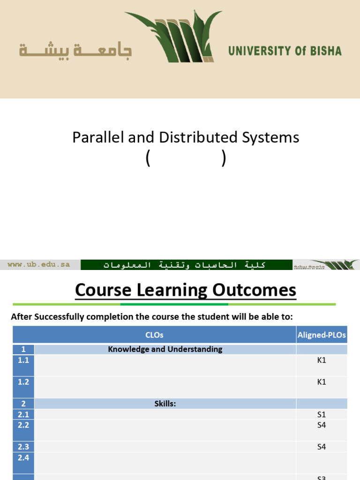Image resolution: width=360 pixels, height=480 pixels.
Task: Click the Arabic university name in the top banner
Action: pyautogui.click(x=75, y=50)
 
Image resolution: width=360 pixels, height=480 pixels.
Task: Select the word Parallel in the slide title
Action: pyautogui.click(x=93, y=137)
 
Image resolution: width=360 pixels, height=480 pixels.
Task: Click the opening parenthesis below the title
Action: pyautogui.click(x=148, y=159)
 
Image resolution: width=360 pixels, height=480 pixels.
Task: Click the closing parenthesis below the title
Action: pyautogui.click(x=224, y=159)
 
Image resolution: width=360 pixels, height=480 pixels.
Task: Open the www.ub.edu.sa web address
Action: pyautogui.click(x=39, y=265)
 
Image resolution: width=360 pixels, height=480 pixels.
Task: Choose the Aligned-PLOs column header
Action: pyautogui.click(x=322, y=335)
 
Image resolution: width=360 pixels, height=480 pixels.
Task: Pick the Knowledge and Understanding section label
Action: pyautogui.click(x=165, y=349)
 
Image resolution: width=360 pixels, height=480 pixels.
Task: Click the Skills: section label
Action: pyautogui.click(x=165, y=404)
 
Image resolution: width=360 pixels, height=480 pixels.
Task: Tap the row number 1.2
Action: pyautogui.click(x=23, y=382)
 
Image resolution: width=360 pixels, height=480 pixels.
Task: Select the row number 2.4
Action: pyautogui.click(x=23, y=457)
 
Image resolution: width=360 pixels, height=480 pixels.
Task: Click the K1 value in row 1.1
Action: pyautogui.click(x=322, y=360)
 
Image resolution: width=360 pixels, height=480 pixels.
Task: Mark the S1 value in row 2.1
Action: pyautogui.click(x=322, y=414)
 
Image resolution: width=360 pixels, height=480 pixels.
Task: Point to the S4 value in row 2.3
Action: pyautogui.click(x=322, y=447)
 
